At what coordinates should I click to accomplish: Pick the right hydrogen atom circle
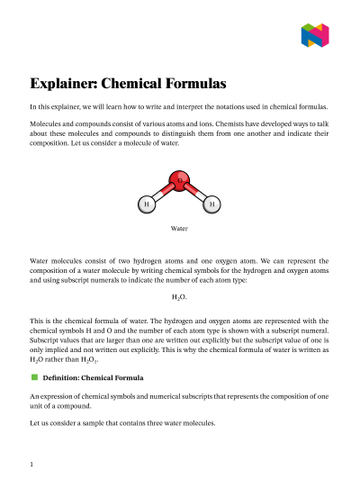pyautogui.click(x=211, y=204)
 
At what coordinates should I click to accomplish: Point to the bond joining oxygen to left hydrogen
pyautogui.click(x=162, y=195)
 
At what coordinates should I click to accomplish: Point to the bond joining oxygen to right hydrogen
pyautogui.click(x=195, y=195)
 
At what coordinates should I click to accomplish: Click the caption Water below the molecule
pyautogui.click(x=179, y=230)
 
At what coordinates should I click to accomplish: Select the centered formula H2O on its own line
pyautogui.click(x=179, y=295)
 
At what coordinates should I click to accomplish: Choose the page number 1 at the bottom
pyautogui.click(x=31, y=465)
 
